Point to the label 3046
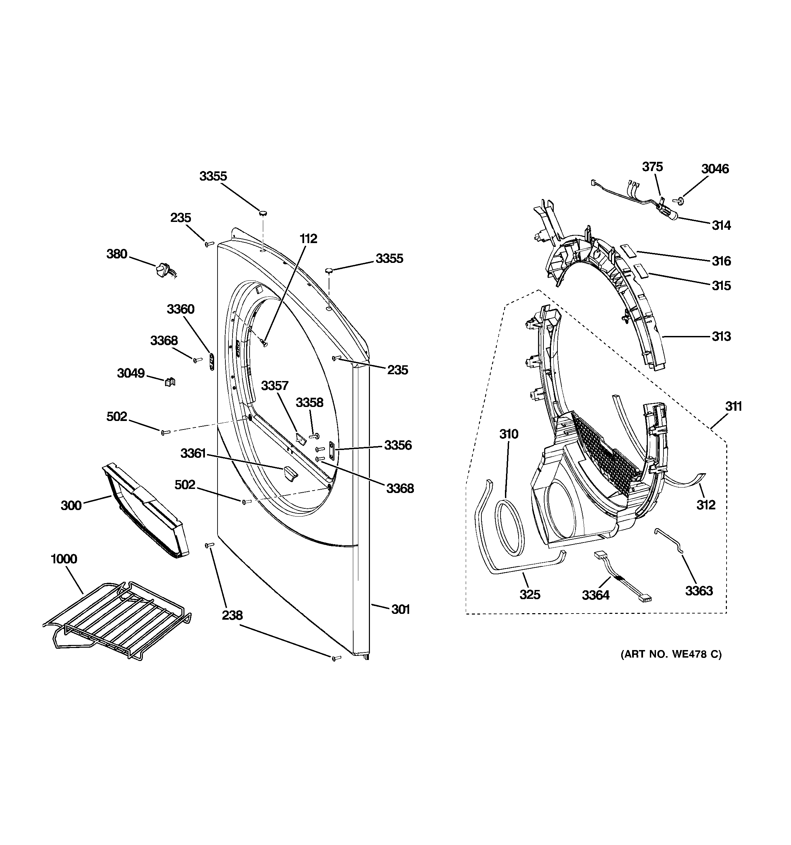(715, 169)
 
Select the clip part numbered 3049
(170, 382)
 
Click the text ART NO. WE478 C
(671, 666)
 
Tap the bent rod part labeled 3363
(669, 540)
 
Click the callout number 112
(308, 239)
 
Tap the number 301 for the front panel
(400, 609)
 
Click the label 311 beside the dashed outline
(733, 406)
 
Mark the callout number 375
(652, 167)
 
